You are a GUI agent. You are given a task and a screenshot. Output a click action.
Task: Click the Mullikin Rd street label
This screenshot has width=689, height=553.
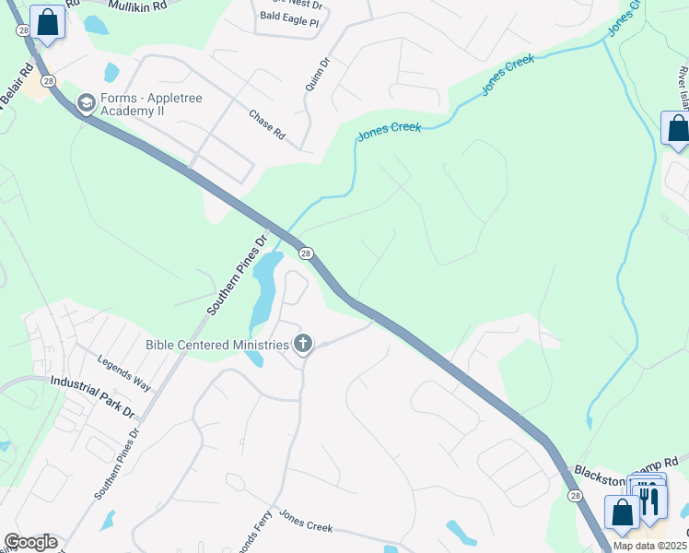(x=137, y=6)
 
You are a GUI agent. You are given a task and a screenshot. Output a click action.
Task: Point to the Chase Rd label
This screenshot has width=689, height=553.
(x=266, y=124)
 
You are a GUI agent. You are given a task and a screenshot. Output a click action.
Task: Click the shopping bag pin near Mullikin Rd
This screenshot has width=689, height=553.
(x=47, y=22)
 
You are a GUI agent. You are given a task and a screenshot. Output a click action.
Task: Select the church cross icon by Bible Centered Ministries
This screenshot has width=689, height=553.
(x=303, y=346)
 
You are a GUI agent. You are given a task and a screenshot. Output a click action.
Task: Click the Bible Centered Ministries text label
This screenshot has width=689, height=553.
(x=217, y=346)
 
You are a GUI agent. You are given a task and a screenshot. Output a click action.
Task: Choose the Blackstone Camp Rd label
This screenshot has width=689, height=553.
(x=626, y=466)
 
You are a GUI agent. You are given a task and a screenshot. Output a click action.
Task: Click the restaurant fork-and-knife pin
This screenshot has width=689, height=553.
(x=651, y=498)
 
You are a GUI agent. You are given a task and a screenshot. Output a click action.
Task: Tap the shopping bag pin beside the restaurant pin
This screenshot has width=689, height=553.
(x=622, y=512)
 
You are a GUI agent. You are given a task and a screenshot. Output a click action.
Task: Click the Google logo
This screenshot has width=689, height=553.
(x=30, y=542)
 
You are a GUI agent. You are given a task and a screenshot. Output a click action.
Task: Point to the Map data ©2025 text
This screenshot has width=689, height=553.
(x=650, y=546)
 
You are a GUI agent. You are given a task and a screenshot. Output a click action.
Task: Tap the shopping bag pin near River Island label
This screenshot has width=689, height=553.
(x=677, y=129)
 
